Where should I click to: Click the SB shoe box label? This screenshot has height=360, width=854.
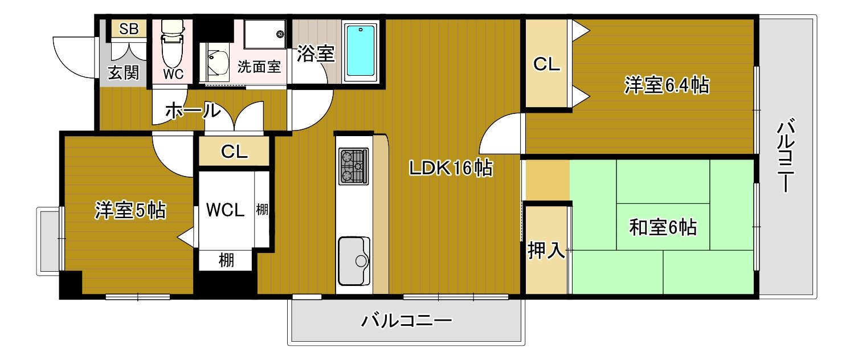click(129, 29)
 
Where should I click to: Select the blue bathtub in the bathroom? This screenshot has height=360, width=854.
click(362, 51)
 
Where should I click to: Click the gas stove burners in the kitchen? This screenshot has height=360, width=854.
click(353, 166)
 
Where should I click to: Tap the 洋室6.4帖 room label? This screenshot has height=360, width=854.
click(667, 86)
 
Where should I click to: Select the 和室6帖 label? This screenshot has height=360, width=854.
click(663, 227)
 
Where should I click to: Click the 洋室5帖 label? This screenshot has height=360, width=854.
click(130, 211)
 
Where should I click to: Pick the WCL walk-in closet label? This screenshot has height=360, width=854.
click(225, 210)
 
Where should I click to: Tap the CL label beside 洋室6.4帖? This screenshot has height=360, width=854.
click(546, 65)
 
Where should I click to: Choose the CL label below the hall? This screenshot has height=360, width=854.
click(234, 152)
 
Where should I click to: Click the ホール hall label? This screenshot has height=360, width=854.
click(192, 111)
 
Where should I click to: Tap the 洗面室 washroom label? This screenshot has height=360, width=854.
click(259, 66)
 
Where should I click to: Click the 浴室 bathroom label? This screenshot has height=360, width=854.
click(315, 54)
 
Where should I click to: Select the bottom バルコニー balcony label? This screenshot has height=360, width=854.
click(406, 322)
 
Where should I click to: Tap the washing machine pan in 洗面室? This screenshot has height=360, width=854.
click(264, 35)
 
